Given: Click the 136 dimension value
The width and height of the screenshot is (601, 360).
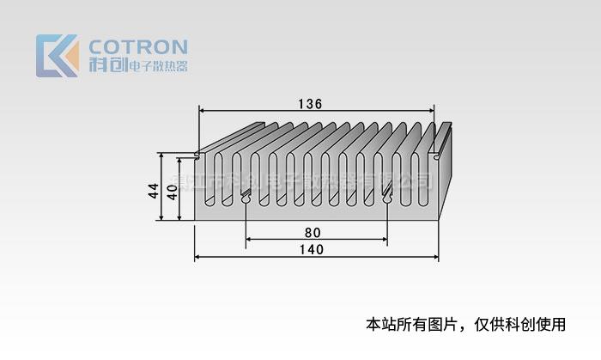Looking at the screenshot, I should [310, 104].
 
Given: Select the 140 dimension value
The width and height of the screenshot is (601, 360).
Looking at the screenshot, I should [312, 250].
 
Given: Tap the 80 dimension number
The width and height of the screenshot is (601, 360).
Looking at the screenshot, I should [313, 232].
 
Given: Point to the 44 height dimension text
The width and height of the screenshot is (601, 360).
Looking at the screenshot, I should [154, 191].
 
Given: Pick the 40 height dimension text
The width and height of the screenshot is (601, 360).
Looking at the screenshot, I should [172, 191].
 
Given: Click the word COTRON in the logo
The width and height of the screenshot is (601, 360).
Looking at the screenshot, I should [137, 46].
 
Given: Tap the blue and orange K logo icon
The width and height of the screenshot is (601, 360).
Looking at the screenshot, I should [57, 56].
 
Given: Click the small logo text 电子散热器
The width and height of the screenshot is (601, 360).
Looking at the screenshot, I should [158, 66].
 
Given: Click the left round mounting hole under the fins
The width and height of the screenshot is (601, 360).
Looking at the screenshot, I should [246, 200].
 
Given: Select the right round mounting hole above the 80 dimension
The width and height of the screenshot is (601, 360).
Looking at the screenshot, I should [387, 199].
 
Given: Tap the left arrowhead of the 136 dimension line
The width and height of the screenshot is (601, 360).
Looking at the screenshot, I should [203, 110].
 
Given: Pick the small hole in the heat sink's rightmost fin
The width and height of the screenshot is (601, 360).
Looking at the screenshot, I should [438, 156].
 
